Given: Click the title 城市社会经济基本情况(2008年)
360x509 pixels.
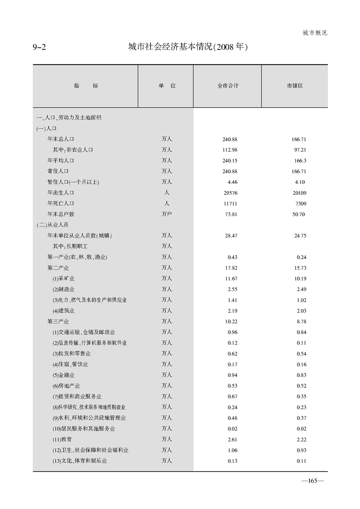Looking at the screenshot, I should coord(187,47).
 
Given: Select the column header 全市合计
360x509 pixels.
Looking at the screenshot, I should coord(227,86).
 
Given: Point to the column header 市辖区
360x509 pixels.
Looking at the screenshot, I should coord(295,86).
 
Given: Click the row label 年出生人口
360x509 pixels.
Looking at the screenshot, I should coord(61,193).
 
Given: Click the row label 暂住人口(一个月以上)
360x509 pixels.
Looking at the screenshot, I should coord(73,182).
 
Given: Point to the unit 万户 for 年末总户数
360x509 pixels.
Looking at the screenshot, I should coord(167,214).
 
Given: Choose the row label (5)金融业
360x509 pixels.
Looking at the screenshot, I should coord(63,375).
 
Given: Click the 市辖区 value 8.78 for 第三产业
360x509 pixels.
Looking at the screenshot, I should coord(300,321).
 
